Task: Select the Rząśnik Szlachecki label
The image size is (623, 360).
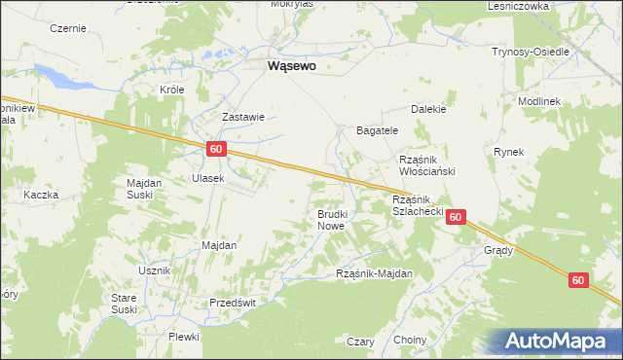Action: [x=418, y=204]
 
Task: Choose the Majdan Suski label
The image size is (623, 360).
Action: [x=143, y=188]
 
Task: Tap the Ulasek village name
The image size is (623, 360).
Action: [x=208, y=178]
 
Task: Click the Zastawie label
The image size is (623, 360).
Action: [x=243, y=117]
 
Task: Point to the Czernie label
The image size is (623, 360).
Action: [x=67, y=28]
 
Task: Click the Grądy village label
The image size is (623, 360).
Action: [x=498, y=250]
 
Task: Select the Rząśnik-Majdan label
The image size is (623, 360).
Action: [x=375, y=274]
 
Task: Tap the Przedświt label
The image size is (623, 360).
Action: [x=233, y=303]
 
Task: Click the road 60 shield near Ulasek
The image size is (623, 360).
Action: [x=216, y=149]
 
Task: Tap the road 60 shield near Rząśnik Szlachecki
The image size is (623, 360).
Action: [x=456, y=219]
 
